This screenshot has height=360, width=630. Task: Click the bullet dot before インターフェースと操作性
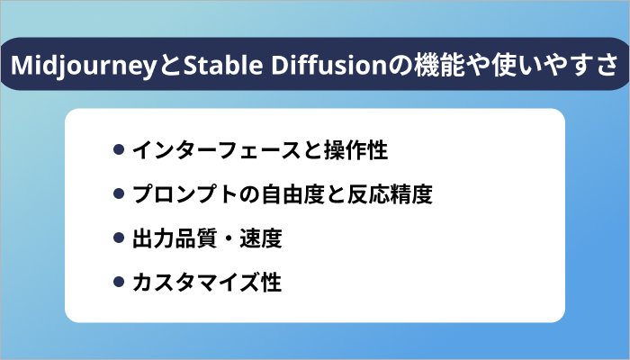(118, 149)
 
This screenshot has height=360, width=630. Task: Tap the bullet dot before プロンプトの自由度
(118, 193)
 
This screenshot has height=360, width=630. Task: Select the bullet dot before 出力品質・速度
(118, 238)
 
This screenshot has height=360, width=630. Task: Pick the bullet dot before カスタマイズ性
(118, 283)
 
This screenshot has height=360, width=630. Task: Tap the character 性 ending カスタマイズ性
(271, 283)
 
